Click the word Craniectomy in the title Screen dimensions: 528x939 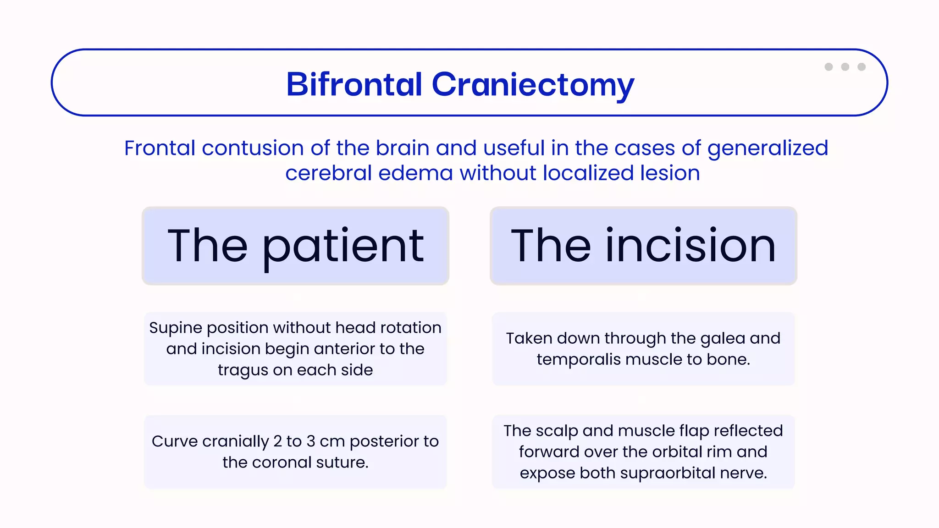[533, 85]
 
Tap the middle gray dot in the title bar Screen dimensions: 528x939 [845, 67]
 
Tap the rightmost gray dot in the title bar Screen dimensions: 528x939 [862, 67]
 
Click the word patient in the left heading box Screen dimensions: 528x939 [343, 247]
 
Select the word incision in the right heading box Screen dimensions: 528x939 [690, 246]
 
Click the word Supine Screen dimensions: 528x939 [175, 328]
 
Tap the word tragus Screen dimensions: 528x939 [243, 370]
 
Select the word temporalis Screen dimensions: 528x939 [579, 360]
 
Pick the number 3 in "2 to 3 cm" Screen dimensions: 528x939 [311, 441]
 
